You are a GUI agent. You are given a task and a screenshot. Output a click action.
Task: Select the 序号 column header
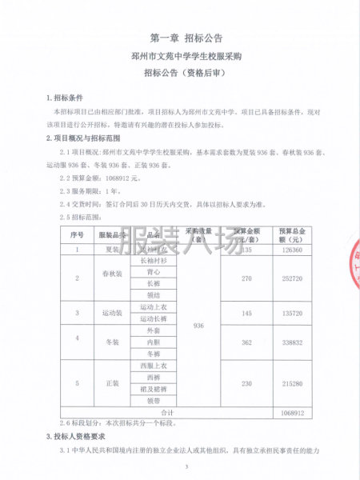pyautogui.click(x=77, y=235)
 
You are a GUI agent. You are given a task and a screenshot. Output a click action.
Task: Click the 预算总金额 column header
pyautogui.click(x=290, y=235)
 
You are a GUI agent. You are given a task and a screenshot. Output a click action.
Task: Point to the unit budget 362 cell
pyautogui.click(x=246, y=341)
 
